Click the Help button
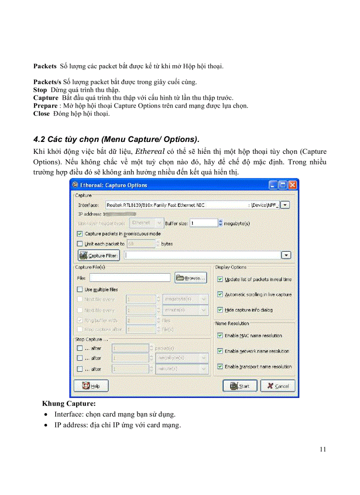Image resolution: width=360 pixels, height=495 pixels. pos(91,386)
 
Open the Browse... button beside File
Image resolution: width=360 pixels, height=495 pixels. pos(191,278)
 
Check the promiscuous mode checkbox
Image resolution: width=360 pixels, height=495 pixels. pos(80,234)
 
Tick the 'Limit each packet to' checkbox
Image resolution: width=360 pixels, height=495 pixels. pos(80,243)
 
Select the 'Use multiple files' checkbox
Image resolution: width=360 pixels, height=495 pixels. pos(80,290)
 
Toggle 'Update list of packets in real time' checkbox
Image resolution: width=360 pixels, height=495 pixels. pos(220,279)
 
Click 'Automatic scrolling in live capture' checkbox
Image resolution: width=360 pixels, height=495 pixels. pos(220,294)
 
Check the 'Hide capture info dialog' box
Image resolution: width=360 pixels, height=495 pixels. pos(220,310)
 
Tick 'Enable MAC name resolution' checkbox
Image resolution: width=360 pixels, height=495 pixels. pos(220,335)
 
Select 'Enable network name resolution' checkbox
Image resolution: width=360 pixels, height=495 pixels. pos(220,351)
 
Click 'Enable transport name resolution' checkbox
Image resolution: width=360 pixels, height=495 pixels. pos(220,366)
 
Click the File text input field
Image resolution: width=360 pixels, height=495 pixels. pos(130,278)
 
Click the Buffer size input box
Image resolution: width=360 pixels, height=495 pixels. pos(204,223)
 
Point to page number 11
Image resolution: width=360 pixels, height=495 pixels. pos(322,449)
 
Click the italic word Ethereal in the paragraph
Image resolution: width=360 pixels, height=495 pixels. pos(150,151)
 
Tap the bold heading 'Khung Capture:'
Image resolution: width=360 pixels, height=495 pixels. pos(69,403)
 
